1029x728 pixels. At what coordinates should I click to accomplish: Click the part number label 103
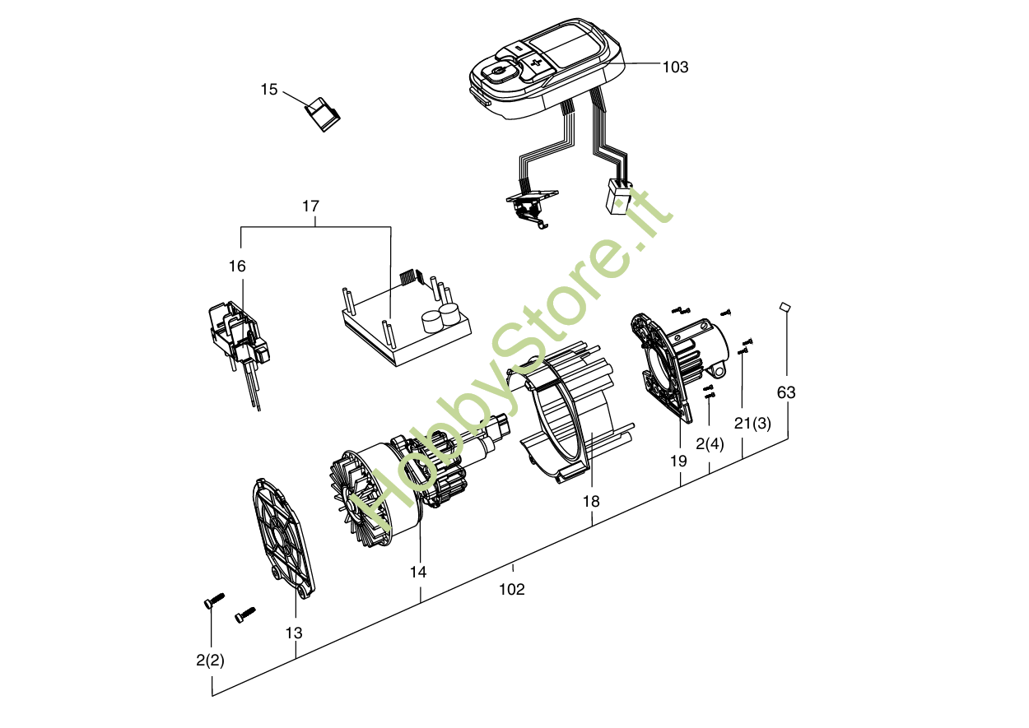675,67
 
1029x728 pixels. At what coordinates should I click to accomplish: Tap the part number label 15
269,89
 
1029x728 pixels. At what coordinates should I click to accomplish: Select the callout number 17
310,206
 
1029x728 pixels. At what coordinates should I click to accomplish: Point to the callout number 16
237,267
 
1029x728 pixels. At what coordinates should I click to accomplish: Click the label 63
786,392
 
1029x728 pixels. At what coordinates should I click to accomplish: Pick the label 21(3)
752,424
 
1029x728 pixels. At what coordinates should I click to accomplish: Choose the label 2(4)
710,444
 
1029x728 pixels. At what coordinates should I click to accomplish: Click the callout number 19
677,461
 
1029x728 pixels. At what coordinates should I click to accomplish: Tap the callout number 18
591,501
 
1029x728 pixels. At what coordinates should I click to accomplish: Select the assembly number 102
511,589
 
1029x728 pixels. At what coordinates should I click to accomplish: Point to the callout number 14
418,571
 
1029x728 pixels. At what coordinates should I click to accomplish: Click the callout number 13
294,633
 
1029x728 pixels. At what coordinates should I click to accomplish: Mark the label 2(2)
210,660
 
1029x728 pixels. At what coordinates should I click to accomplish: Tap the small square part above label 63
785,307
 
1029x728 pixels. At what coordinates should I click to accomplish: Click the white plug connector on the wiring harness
618,197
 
